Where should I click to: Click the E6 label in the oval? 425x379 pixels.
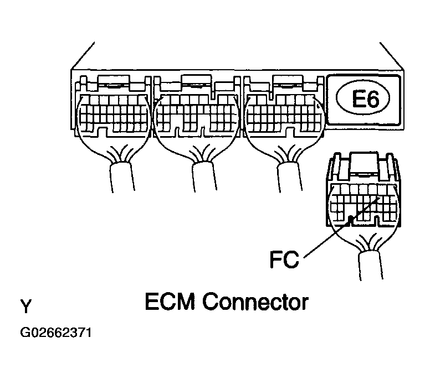(363, 99)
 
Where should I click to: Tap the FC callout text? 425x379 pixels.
(284, 259)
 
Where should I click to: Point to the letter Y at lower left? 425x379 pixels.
(25, 306)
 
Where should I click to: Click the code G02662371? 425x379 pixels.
(55, 333)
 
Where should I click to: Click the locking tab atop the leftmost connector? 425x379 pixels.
(113, 81)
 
